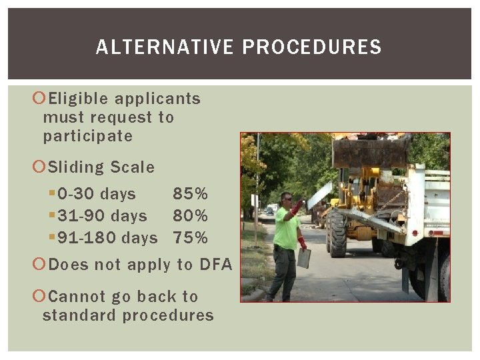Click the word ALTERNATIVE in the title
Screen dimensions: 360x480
(165, 47)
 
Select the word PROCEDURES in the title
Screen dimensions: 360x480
(312, 47)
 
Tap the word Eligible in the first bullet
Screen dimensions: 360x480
(78, 99)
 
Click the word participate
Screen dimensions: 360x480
(88, 137)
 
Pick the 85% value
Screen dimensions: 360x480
(191, 194)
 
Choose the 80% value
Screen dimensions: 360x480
(191, 216)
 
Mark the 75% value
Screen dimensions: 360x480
(191, 238)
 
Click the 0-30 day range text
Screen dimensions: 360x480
(97, 194)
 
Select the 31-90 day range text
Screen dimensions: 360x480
(102, 216)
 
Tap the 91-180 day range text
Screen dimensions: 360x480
(107, 238)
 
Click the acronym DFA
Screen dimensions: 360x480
(215, 265)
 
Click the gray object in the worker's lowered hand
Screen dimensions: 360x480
(304, 258)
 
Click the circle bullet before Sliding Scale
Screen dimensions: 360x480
(39, 167)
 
